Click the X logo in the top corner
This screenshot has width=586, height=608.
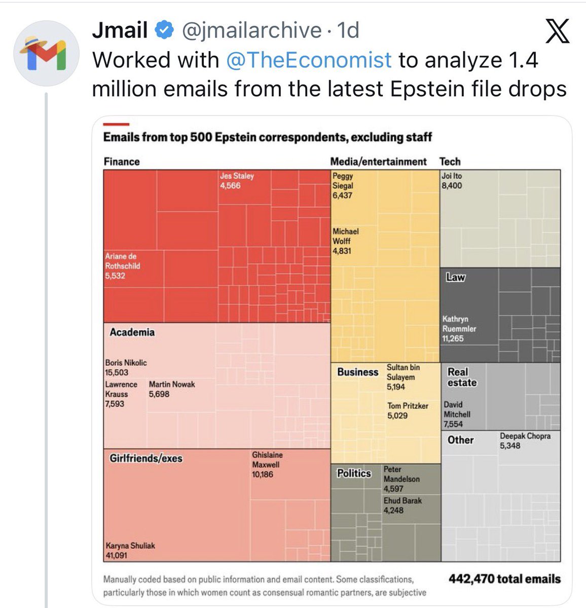coord(558,31)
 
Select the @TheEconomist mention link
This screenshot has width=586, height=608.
coord(309,60)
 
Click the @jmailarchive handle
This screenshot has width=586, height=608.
coord(251,30)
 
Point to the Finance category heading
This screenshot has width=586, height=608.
coord(122,162)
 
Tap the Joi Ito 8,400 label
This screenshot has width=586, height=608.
coord(452,181)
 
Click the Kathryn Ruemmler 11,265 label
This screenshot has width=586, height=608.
coord(459,329)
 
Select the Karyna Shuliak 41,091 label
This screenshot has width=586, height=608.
coord(130,550)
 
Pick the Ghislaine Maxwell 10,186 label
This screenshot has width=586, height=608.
coord(267,465)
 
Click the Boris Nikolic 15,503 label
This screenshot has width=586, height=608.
coord(126,367)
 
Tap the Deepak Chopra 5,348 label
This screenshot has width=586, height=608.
coord(525,441)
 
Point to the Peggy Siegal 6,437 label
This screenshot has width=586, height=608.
coord(343,185)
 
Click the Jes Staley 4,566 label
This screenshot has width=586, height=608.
coord(236,181)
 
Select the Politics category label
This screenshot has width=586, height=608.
coord(354,473)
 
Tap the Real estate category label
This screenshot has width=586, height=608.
coord(462,377)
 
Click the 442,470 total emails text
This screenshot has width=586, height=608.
coord(504,579)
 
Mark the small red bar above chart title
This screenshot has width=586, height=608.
coord(116,124)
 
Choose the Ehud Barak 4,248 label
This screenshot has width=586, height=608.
coord(402,505)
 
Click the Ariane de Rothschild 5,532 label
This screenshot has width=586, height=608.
coord(123,266)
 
